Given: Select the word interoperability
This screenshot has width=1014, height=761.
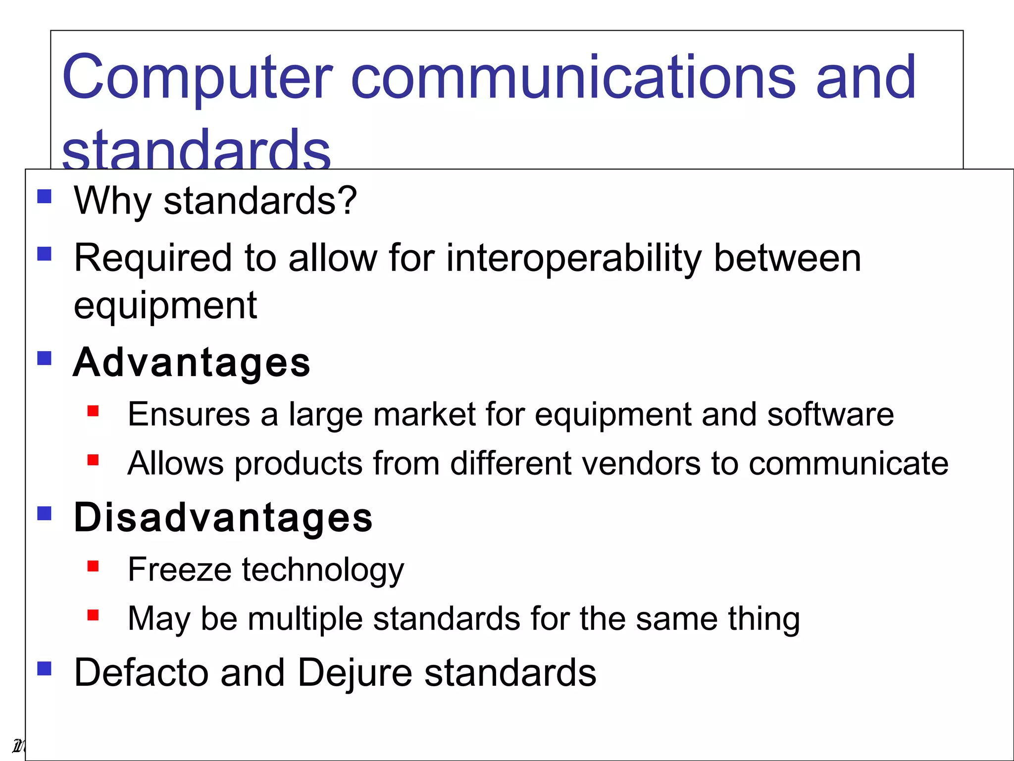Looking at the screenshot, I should click(x=573, y=259).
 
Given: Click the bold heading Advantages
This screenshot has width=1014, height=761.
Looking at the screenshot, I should click(x=192, y=363).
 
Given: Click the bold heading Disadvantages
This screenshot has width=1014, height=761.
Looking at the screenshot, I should click(x=223, y=518).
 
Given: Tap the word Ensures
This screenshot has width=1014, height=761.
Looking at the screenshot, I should click(x=189, y=414).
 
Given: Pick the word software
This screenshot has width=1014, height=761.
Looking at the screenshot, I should click(x=830, y=414).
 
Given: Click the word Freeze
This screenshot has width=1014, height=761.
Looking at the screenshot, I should click(x=179, y=570).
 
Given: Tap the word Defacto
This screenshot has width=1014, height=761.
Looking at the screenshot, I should click(x=141, y=673).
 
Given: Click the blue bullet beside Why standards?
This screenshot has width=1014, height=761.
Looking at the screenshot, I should click(x=45, y=197).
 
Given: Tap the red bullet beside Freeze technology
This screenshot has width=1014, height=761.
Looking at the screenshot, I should click(x=93, y=566).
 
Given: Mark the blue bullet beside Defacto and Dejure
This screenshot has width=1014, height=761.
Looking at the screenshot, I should click(x=45, y=668).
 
